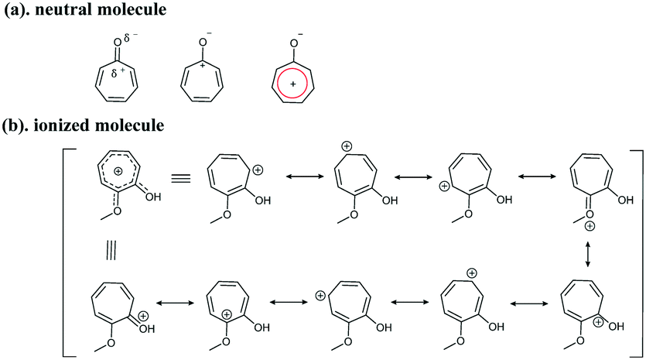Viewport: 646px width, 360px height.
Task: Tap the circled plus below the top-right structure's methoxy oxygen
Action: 590,226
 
